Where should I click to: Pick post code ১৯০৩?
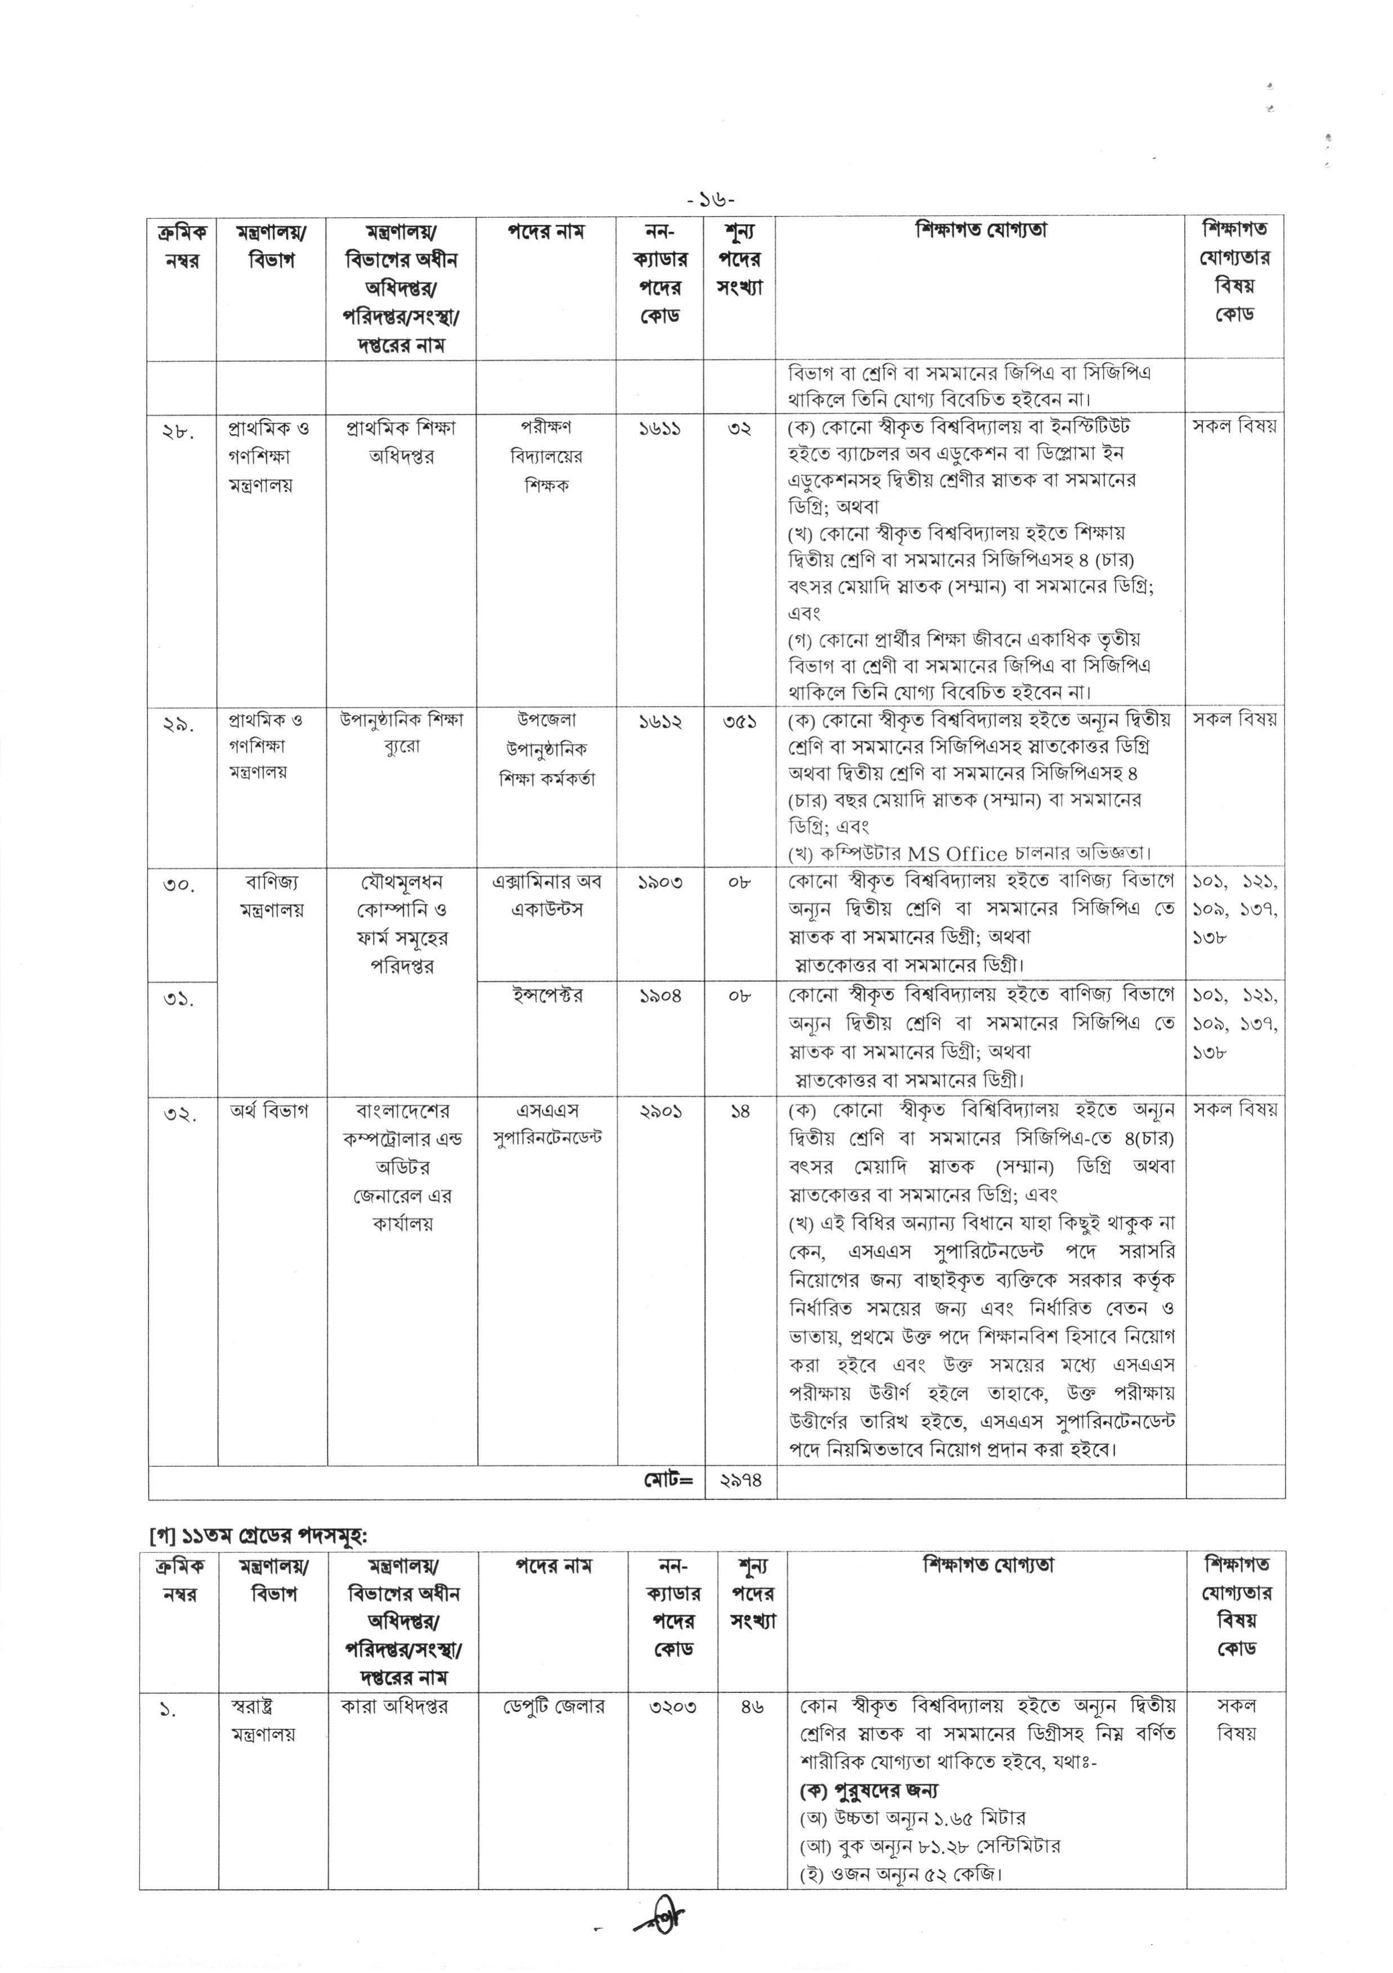[x=659, y=882]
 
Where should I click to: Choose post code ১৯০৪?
[x=659, y=996]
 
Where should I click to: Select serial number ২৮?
[x=179, y=430]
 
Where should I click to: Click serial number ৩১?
[x=179, y=999]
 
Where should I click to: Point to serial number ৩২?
[x=179, y=1115]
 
